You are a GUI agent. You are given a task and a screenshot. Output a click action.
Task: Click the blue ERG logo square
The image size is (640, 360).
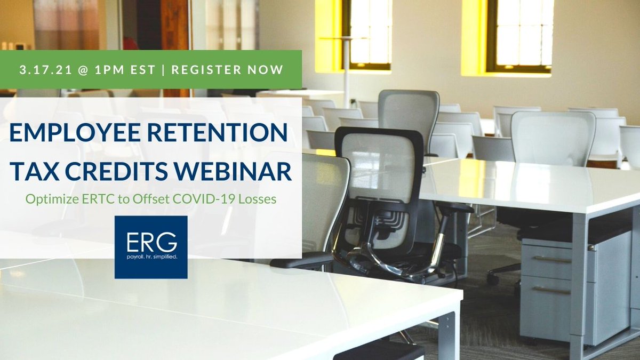[x=151, y=247]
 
